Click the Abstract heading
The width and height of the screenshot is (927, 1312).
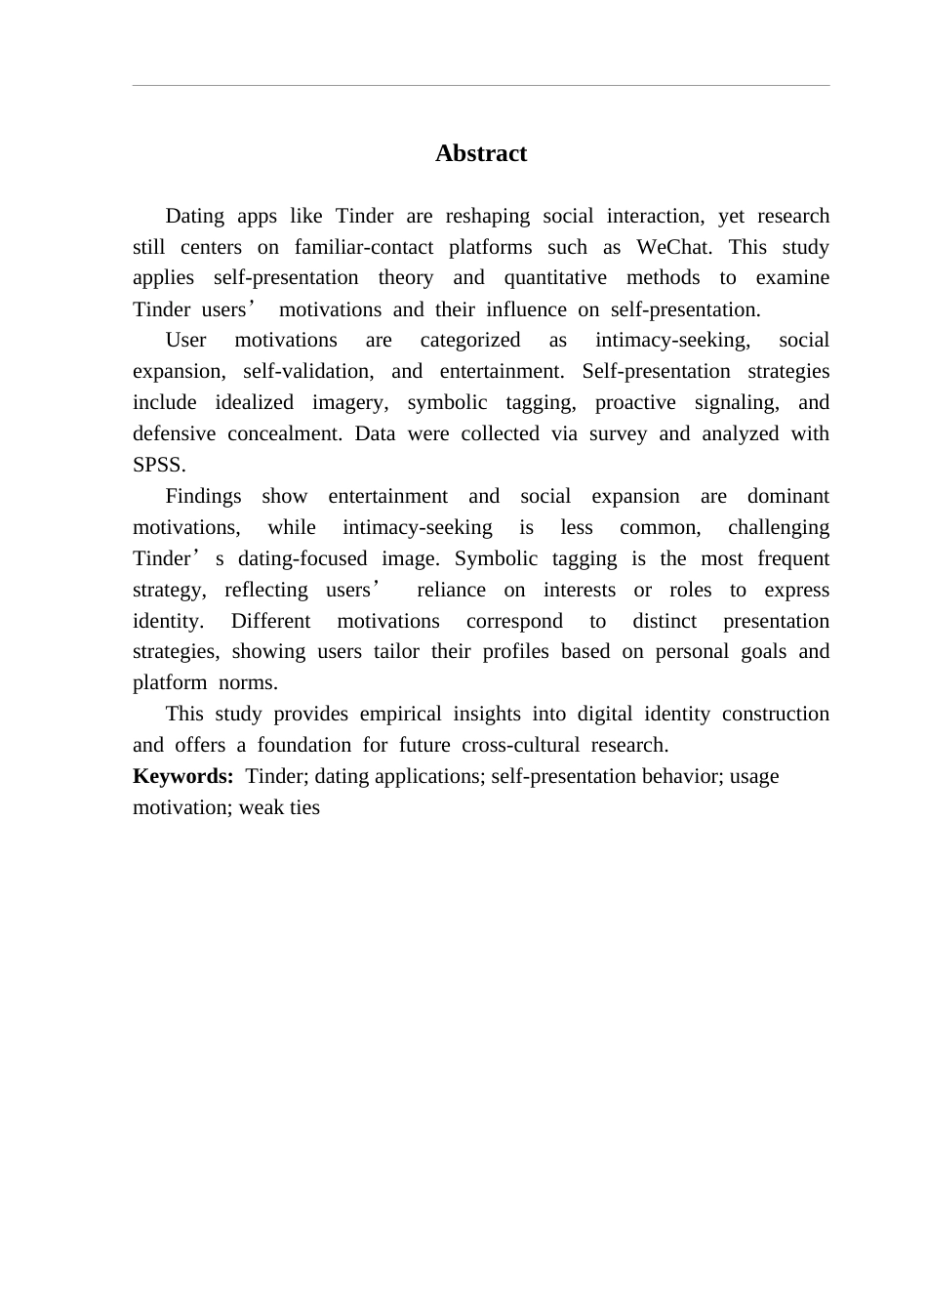point(481,153)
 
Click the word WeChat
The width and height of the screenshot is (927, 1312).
point(673,247)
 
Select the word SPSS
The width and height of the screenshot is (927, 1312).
point(157,465)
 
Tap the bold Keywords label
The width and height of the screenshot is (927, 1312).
point(182,776)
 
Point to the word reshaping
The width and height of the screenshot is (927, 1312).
point(487,216)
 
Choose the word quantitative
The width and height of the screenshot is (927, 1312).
point(555,278)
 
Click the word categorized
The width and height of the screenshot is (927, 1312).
point(469,340)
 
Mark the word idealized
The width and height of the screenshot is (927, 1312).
point(254,402)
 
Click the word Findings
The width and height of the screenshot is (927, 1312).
point(203,496)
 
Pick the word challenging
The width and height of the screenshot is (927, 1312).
point(779,527)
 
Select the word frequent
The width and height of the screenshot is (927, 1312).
point(793,558)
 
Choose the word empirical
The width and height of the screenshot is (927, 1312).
point(400,714)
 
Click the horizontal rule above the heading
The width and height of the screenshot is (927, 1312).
point(481,86)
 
